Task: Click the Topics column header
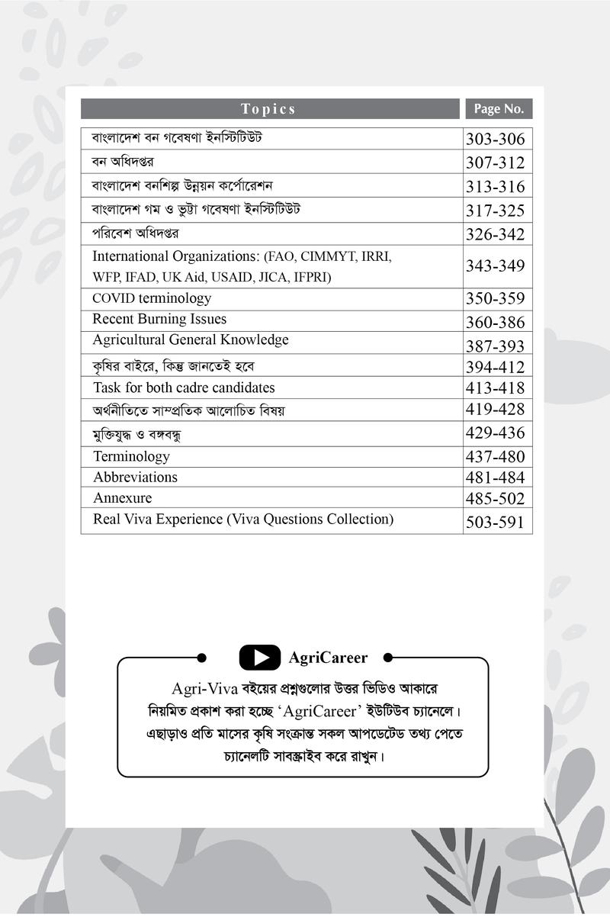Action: [x=268, y=109]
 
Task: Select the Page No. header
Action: [x=499, y=109]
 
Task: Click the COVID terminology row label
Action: [x=152, y=298]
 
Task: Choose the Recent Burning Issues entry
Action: [x=159, y=319]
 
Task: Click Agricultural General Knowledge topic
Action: [x=191, y=339]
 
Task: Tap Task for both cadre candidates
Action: [x=184, y=388]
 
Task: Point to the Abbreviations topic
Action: [x=135, y=478]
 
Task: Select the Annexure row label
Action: [x=122, y=498]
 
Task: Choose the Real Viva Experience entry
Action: [x=243, y=520]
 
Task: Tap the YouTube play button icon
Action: [x=259, y=657]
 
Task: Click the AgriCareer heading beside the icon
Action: [x=328, y=658]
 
